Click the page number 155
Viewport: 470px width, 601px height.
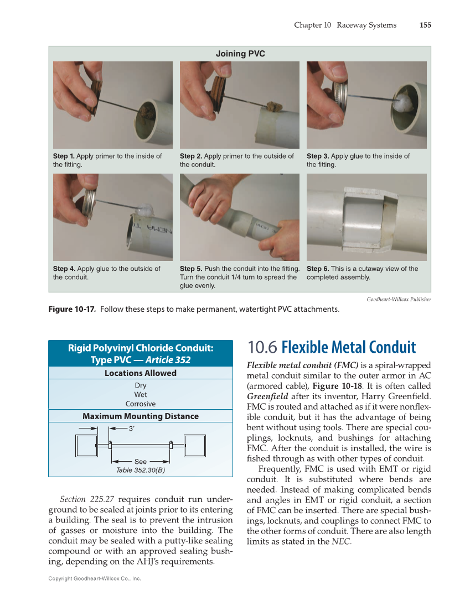pyautogui.click(x=425, y=25)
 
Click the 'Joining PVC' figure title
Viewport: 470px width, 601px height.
pyautogui.click(x=240, y=54)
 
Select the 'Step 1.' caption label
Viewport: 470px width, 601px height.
pyautogui.click(x=64, y=156)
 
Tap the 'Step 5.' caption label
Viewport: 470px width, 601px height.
pyautogui.click(x=191, y=269)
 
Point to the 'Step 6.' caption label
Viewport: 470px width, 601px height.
pyautogui.click(x=318, y=269)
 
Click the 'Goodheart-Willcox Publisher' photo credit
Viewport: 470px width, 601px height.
pyautogui.click(x=399, y=299)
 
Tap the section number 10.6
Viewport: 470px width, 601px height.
pyautogui.click(x=262, y=347)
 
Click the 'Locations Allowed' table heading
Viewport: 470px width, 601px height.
pyautogui.click(x=141, y=373)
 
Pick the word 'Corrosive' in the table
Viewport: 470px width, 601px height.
pyautogui.click(x=141, y=404)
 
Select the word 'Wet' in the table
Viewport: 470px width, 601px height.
pyautogui.click(x=141, y=395)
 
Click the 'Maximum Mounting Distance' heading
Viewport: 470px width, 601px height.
pyautogui.click(x=141, y=416)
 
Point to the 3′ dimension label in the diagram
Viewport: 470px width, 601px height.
pyautogui.click(x=131, y=428)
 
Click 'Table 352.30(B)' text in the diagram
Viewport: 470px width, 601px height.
pyautogui.click(x=141, y=470)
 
